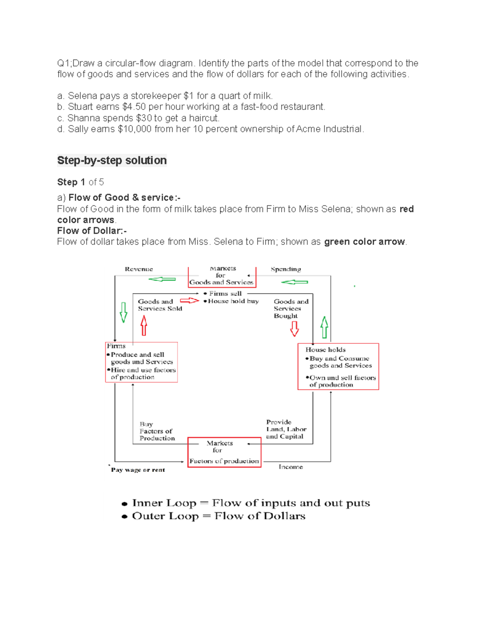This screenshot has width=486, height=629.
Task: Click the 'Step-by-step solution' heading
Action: pos(112,160)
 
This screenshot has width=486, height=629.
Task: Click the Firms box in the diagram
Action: pos(141,362)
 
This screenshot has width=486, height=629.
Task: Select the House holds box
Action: pos(338,367)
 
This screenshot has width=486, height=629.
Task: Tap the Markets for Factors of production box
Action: pos(224,452)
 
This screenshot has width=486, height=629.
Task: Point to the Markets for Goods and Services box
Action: pos(222,276)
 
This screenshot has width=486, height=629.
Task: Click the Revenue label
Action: pos(139,269)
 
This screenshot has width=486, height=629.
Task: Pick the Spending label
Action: pos(286,269)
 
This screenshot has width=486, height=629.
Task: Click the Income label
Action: pos(290,467)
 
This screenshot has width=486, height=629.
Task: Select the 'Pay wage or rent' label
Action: pos(138,470)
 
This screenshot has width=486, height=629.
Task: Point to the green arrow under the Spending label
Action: pos(294,282)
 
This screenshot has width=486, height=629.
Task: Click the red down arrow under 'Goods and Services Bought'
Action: pos(294,328)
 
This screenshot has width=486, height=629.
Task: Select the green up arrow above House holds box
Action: pos(324,327)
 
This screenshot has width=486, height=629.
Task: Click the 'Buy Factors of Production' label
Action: pos(157,431)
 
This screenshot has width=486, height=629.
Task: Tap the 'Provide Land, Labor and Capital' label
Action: pos(286,429)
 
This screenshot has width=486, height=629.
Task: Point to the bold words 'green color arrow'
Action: pos(364,242)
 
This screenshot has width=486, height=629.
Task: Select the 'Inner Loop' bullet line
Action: pos(246,503)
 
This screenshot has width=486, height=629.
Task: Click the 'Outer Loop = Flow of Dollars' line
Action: pos(214,516)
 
